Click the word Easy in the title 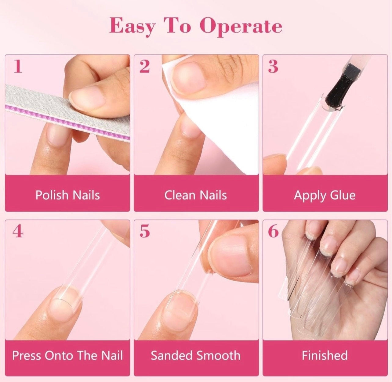click(132, 27)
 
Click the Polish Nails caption click(68, 195)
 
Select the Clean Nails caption click(196, 195)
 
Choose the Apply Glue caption click(325, 196)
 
